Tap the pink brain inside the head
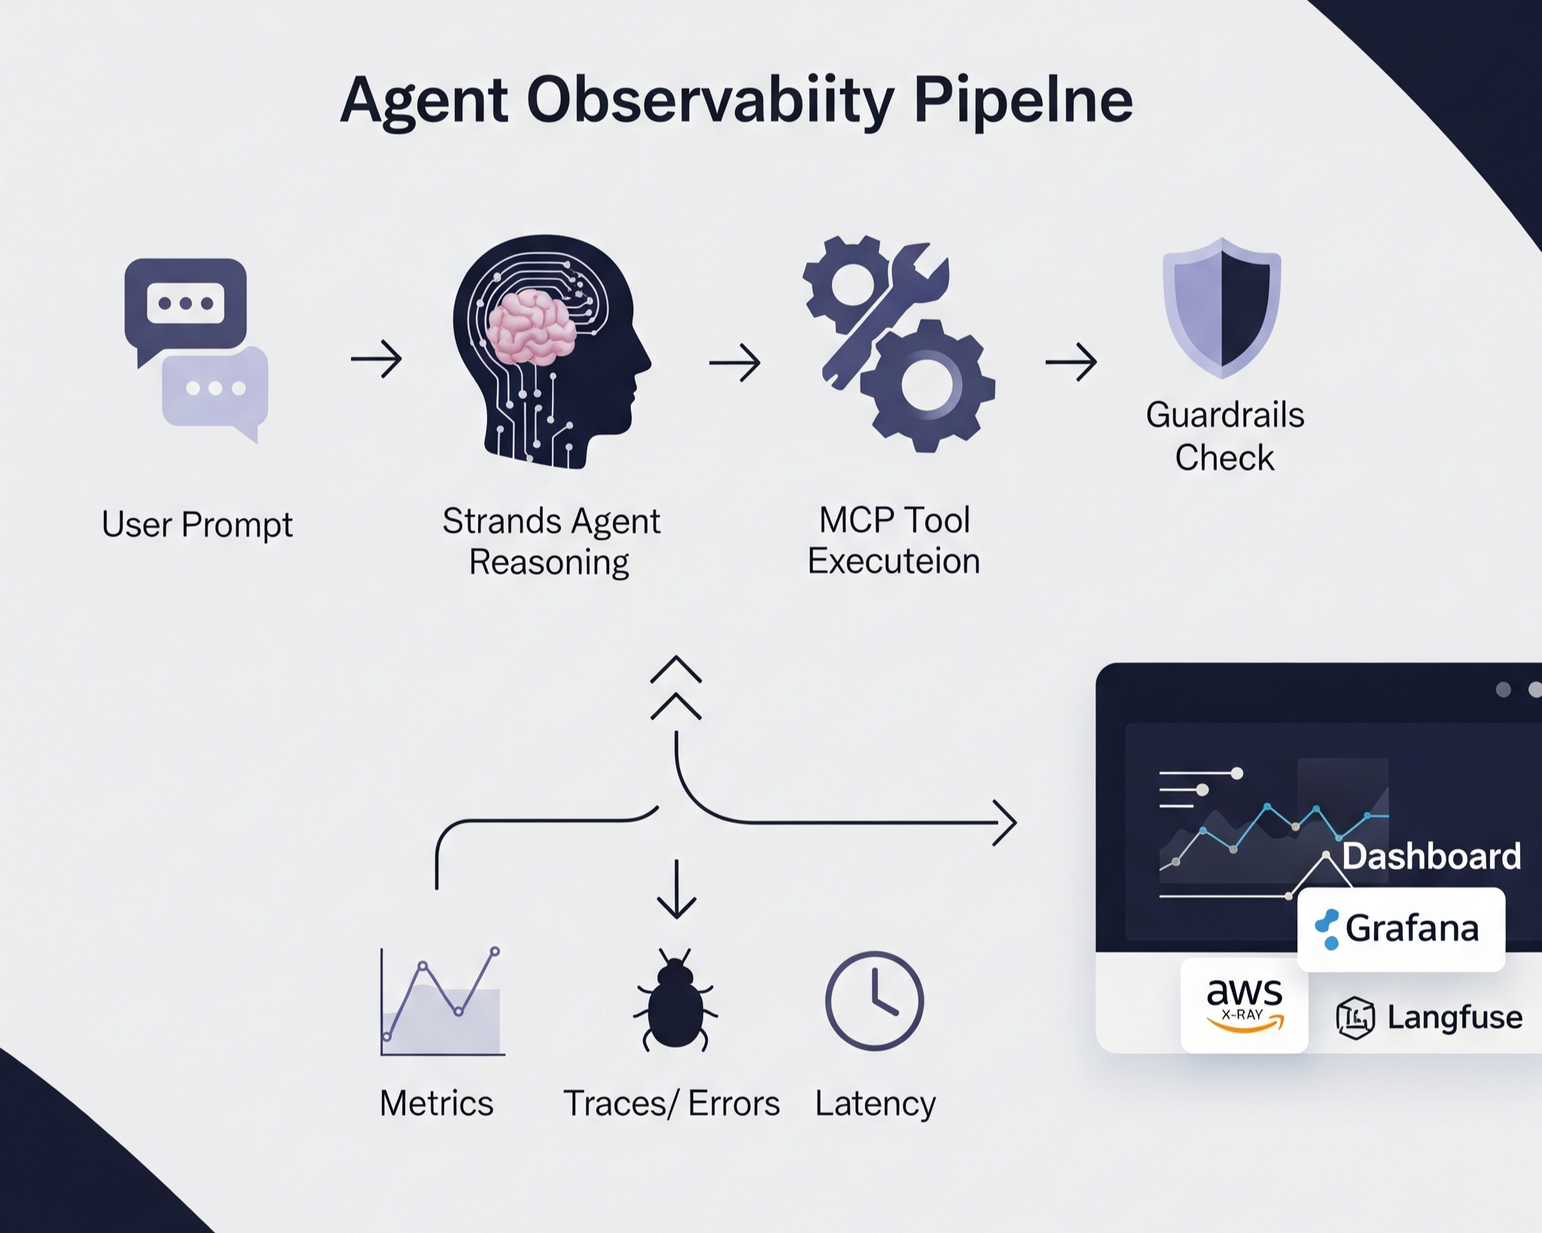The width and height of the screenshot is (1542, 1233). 531,327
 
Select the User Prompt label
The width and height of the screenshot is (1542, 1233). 197,525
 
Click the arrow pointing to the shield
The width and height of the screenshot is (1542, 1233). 1071,362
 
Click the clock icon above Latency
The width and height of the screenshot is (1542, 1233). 874,1000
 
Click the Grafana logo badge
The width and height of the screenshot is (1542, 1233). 1400,929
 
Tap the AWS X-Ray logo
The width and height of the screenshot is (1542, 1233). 1244,1004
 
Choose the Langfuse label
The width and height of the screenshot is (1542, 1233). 1454,1017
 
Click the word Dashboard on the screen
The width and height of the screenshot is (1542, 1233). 1431,856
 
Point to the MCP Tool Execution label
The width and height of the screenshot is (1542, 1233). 894,540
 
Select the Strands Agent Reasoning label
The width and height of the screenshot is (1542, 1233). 550,541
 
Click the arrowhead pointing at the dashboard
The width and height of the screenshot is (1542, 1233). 1007,823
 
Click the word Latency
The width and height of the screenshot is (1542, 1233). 875,1104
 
